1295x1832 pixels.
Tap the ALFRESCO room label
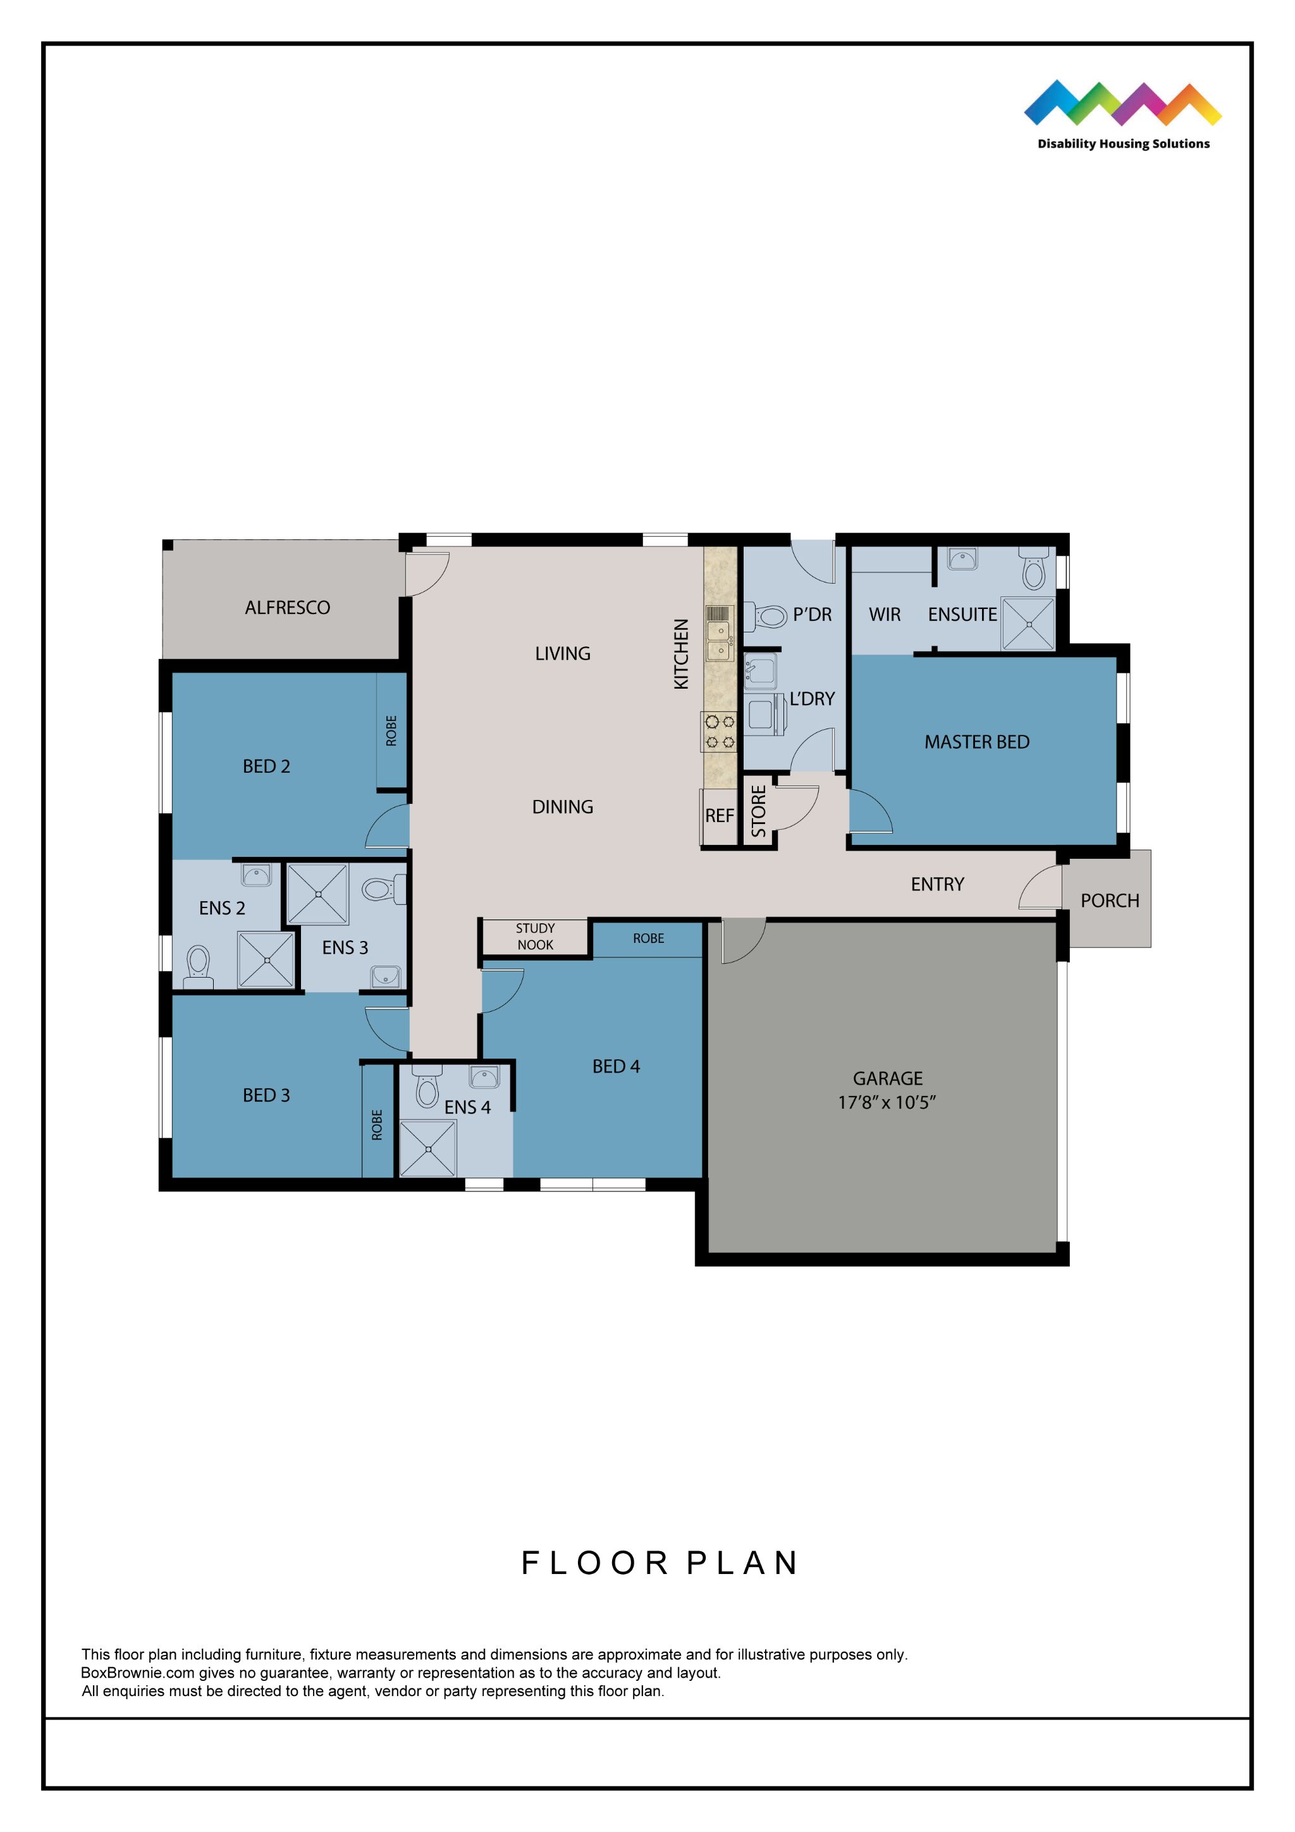coord(287,608)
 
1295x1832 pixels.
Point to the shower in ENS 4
coord(427,1148)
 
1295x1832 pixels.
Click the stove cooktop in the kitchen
coord(719,732)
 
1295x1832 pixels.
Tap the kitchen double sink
coord(719,641)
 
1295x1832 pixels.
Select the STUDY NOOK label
coord(534,937)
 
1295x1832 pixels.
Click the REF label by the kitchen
coord(719,816)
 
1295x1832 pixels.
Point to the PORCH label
coord(1109,901)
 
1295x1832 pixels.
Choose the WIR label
coord(884,615)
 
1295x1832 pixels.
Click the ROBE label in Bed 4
coord(648,938)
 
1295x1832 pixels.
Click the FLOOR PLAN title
coord(659,1563)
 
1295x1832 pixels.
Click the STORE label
coord(758,811)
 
